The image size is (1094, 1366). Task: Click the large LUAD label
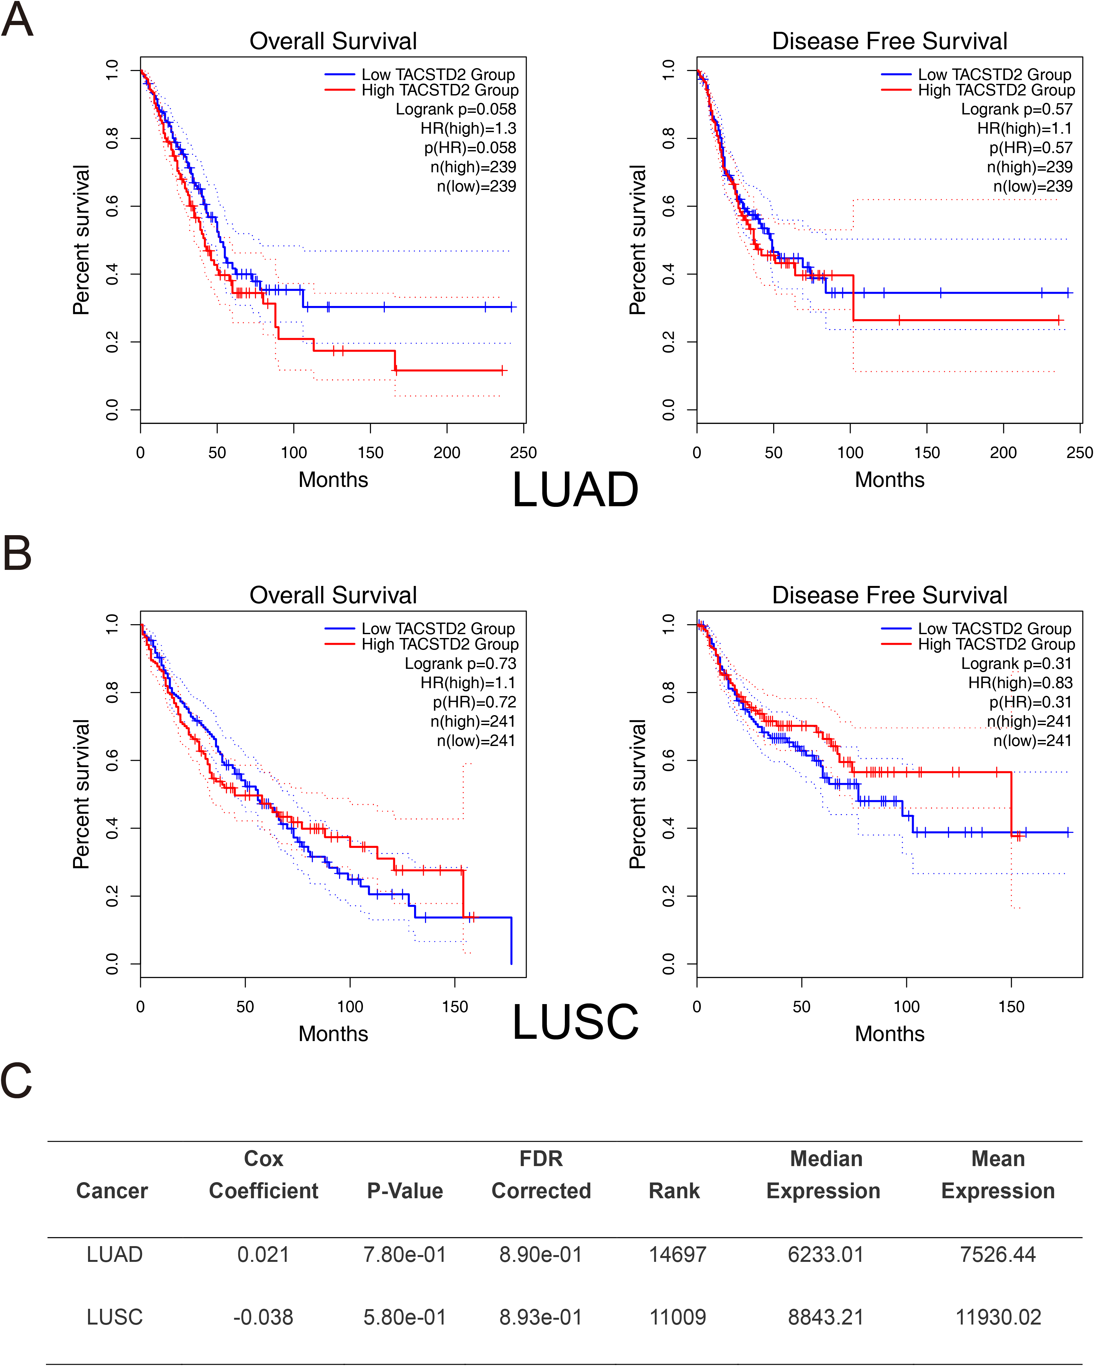tap(575, 490)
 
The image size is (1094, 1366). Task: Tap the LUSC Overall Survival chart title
tap(333, 595)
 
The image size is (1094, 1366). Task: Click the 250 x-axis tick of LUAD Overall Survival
tap(524, 452)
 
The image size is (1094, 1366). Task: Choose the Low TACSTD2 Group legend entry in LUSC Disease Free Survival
tap(976, 628)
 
